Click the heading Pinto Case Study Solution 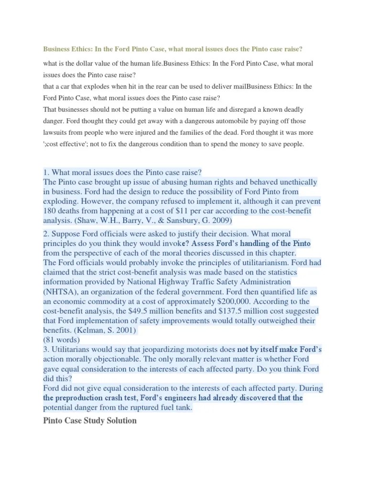(x=90, y=420)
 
